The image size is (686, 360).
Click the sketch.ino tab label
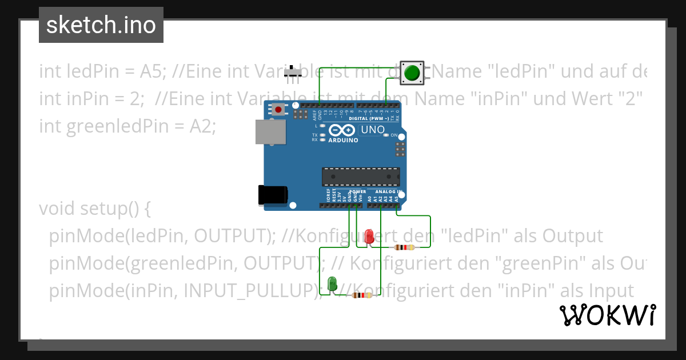coord(101,25)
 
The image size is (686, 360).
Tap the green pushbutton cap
coord(412,73)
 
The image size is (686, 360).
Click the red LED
coord(369,236)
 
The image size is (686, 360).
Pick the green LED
coord(332,283)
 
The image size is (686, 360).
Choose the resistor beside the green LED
coord(362,295)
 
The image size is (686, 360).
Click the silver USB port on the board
coord(272,133)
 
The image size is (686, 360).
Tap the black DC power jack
coord(273,195)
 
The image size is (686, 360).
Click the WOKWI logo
coord(607,315)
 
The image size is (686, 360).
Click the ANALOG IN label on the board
coord(389,192)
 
